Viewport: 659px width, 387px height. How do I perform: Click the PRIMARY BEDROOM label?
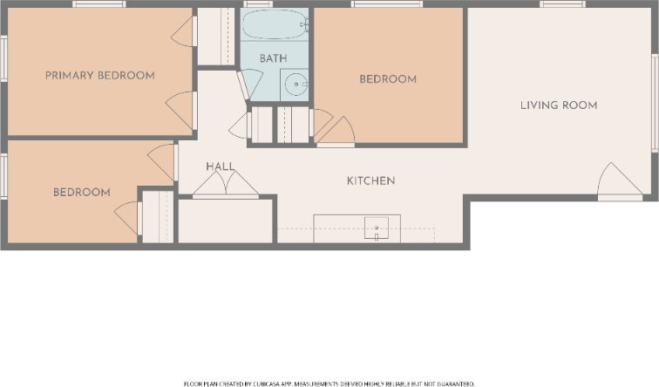coord(100,76)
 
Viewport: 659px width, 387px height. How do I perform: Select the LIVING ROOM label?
coord(559,105)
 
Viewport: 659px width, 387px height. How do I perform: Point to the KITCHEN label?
coord(371,181)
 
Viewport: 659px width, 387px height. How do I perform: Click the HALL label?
coord(220,166)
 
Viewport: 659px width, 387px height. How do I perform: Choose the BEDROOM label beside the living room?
coord(388,79)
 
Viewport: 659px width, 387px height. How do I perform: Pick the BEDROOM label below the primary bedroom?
coord(81,193)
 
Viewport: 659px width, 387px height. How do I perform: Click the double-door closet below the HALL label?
coord(225,185)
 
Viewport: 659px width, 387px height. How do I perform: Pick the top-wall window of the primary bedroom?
coord(99,4)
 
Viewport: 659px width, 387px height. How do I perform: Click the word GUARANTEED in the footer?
coord(454,383)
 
